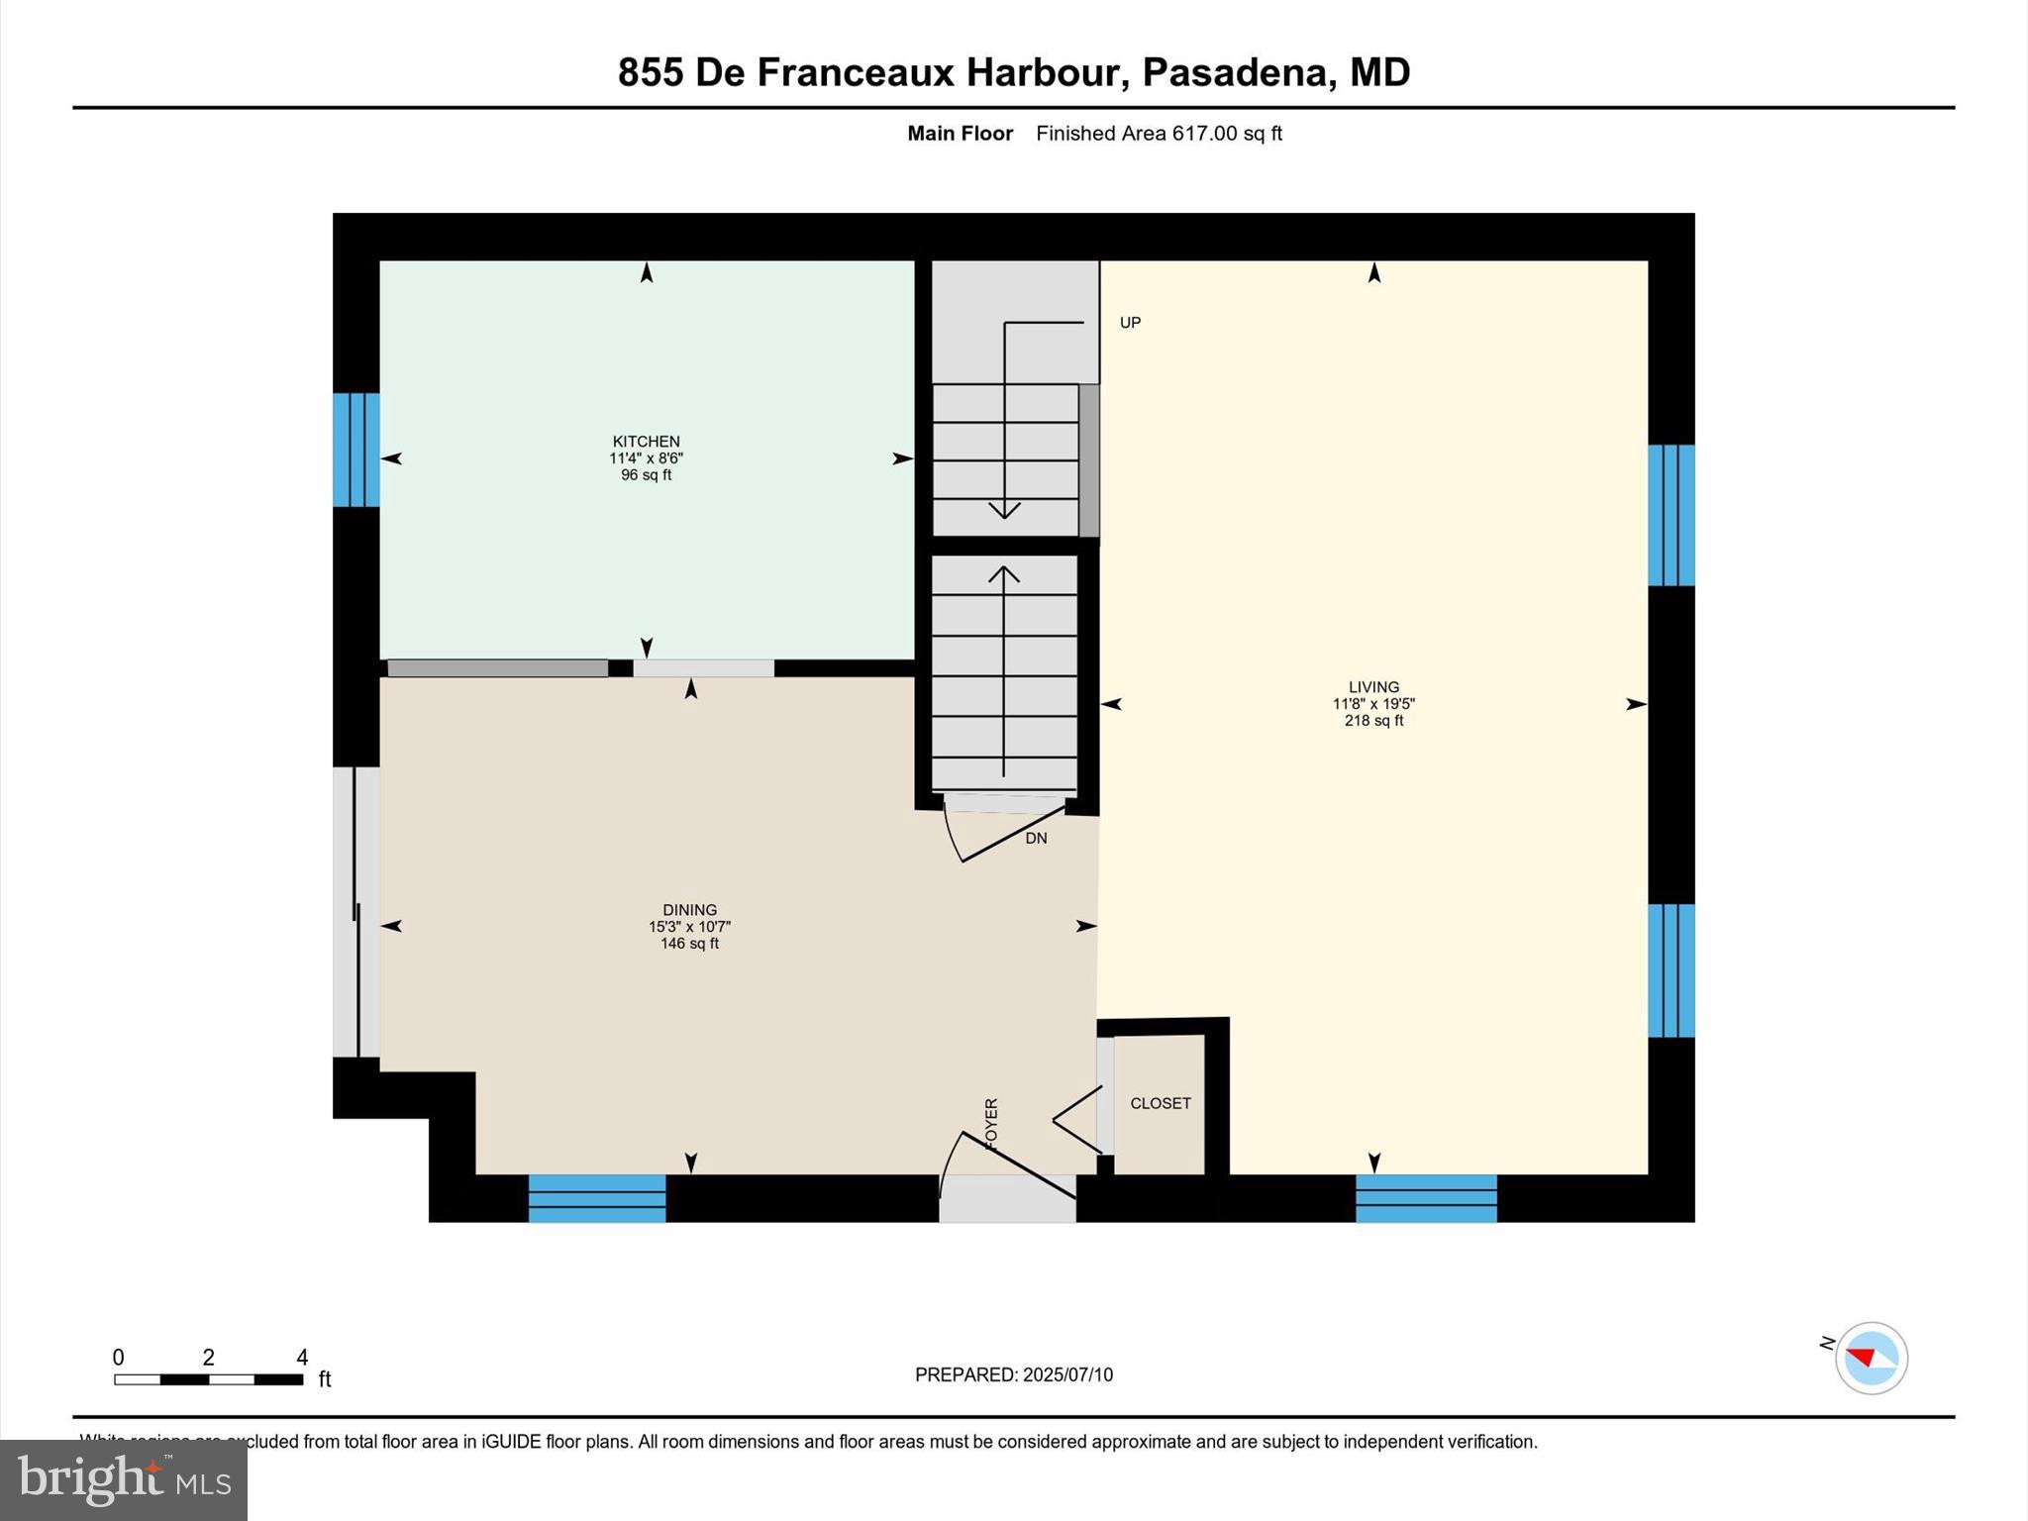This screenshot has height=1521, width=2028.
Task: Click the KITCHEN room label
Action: (646, 441)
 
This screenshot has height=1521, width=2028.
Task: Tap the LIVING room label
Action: (1373, 686)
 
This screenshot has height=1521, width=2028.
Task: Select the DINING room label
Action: (689, 909)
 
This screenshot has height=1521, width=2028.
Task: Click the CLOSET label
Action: (1161, 1103)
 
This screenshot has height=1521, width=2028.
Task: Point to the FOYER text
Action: (991, 1124)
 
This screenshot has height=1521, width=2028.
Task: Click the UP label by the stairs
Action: (1130, 323)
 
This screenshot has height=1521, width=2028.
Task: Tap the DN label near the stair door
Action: (1036, 839)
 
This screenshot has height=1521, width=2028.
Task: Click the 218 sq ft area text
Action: (1373, 721)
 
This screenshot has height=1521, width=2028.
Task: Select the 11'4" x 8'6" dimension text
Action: (646, 458)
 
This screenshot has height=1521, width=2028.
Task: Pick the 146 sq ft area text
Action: (689, 944)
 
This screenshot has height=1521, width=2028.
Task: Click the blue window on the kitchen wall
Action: (356, 450)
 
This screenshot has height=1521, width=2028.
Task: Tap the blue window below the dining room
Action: (597, 1198)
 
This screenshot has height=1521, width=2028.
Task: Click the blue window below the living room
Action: (1426, 1198)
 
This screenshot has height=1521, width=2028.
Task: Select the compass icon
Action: (1871, 1358)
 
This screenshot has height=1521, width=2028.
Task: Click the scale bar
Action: (208, 1378)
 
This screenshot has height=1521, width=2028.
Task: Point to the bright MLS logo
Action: (124, 1479)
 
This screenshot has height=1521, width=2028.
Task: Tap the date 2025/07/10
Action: (1067, 1374)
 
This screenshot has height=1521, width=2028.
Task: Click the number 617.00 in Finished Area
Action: (1204, 134)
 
